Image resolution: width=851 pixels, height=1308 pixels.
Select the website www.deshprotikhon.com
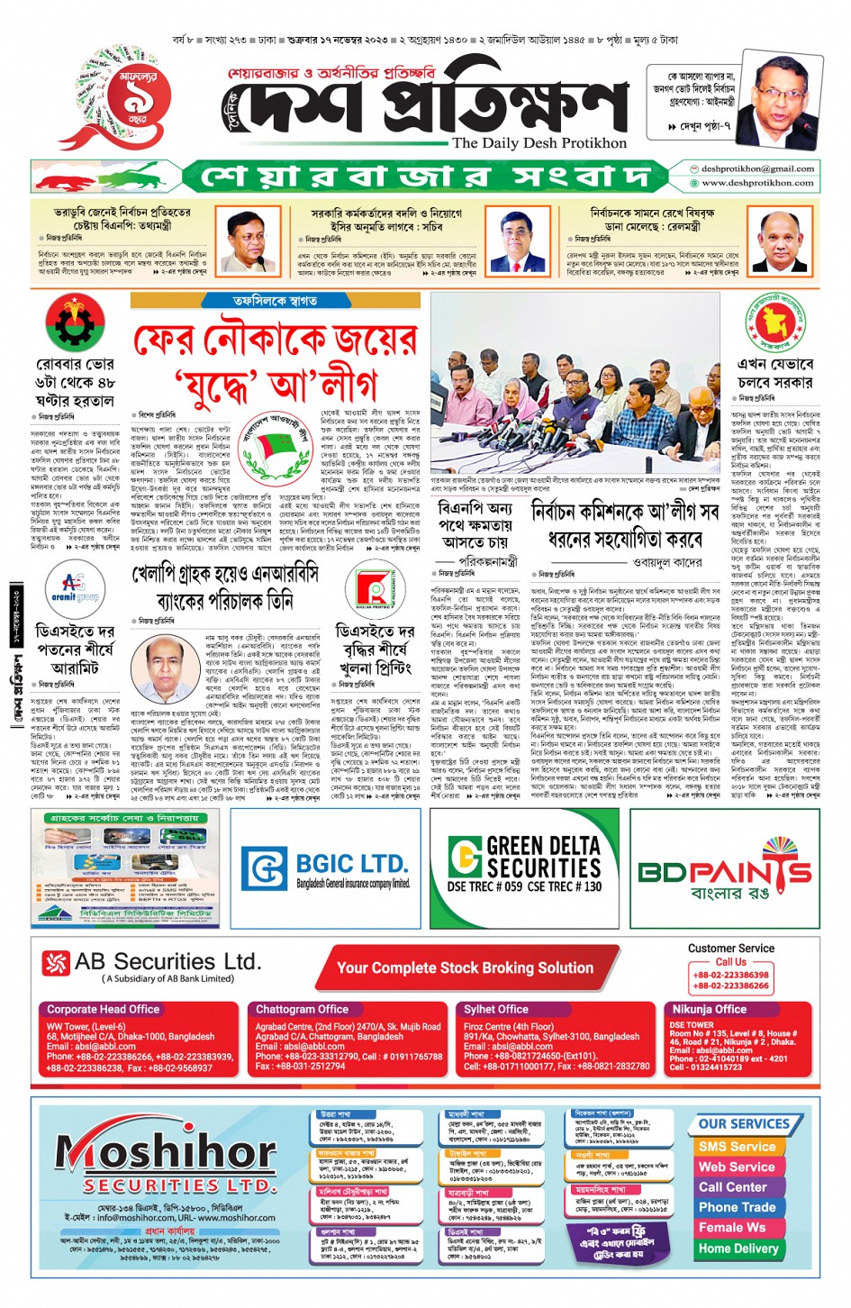(757, 183)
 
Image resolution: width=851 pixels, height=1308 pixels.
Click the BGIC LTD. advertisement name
(351, 863)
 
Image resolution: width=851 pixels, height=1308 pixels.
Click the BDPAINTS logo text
(724, 872)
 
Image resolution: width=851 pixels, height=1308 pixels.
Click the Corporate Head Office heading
(103, 1010)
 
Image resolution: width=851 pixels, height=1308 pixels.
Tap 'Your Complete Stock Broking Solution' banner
(465, 968)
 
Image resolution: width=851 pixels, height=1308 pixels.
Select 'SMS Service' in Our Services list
(737, 1147)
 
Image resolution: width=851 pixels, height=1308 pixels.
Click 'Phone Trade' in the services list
(737, 1207)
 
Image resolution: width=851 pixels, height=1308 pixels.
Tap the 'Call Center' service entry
(733, 1187)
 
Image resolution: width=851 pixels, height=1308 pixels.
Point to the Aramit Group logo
(76, 587)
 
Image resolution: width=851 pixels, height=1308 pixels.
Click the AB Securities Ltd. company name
(167, 962)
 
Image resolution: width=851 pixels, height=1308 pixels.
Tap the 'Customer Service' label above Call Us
(730, 949)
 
